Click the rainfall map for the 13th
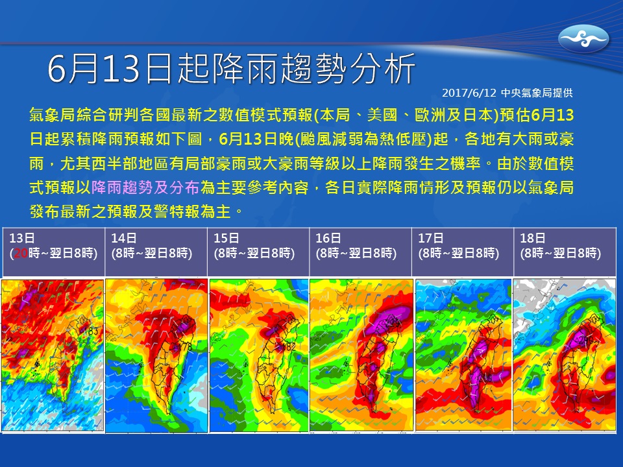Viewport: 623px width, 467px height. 53,355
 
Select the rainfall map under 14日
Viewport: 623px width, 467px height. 156,355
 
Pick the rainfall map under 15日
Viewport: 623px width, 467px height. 258,355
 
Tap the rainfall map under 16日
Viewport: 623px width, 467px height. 361,355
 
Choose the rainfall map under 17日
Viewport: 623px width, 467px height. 463,355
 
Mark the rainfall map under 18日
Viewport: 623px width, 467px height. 564,355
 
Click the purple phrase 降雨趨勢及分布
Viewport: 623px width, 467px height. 145,188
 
